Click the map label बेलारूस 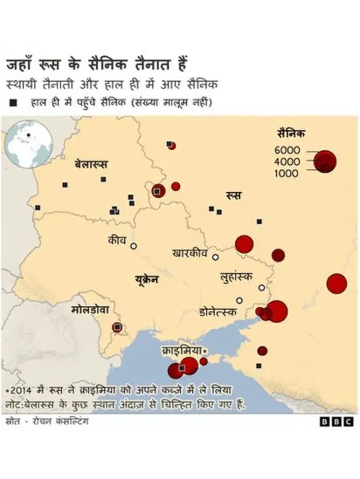click(91, 165)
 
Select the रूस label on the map click(233, 196)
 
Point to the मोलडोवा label click(93, 310)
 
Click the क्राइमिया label click(181, 350)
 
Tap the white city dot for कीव click(134, 246)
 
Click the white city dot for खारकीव click(215, 257)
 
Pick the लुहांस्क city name click(236, 277)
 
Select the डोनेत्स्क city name click(218, 312)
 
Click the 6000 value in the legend click(287, 150)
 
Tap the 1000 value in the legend click(287, 174)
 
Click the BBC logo click(337, 422)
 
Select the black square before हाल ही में click(12, 102)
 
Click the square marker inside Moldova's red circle click(118, 327)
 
